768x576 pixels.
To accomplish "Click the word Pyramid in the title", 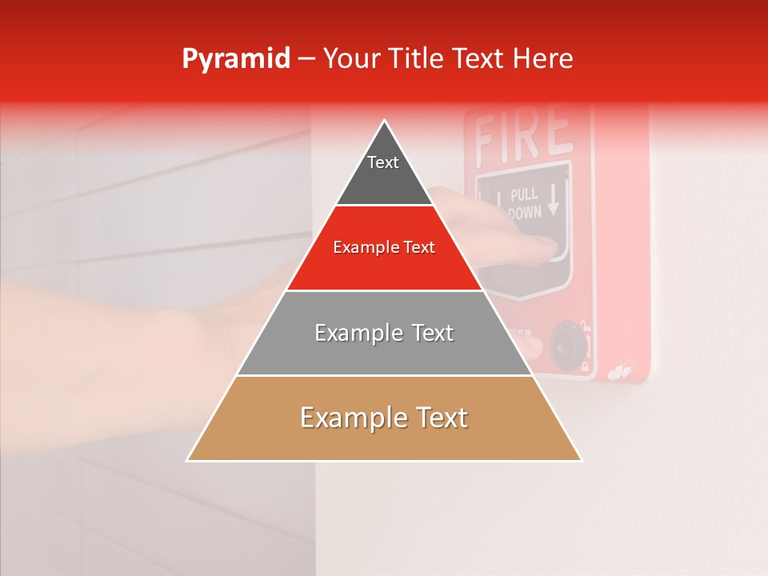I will pos(236,59).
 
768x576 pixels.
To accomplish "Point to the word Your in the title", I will pos(350,59).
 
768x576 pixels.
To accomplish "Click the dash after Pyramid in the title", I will pos(306,59).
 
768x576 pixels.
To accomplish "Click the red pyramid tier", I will pos(384,268).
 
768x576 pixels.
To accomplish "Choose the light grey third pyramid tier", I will pos(384,352).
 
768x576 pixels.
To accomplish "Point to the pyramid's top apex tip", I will pos(385,122).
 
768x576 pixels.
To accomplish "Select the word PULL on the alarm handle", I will pos(524,194).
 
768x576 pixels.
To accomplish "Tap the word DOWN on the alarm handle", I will pos(525,211).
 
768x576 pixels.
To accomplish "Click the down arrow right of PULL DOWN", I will pos(554,202).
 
